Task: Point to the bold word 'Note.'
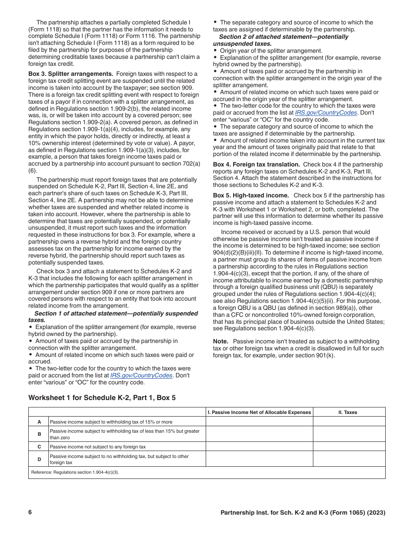click(221, 341)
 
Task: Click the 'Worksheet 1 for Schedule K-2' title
click(102, 397)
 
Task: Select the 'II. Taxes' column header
click(349, 412)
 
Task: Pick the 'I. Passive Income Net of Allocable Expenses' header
click(259, 412)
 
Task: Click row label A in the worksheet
click(39, 422)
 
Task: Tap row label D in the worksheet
click(39, 459)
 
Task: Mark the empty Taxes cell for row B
click(349, 434)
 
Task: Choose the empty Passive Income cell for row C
click(259, 447)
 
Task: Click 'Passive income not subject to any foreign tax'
click(98, 447)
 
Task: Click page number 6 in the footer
click(30, 512)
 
